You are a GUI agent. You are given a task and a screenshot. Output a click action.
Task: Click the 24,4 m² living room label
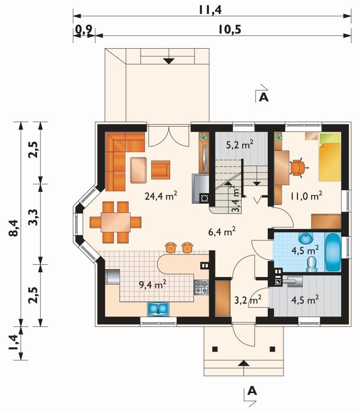click(161, 196)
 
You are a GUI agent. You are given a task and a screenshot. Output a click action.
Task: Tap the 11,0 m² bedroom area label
click(306, 196)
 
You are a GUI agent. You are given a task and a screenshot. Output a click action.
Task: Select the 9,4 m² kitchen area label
click(152, 284)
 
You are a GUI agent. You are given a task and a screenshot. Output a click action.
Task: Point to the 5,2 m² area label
click(240, 145)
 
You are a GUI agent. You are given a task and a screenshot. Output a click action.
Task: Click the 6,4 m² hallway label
click(221, 232)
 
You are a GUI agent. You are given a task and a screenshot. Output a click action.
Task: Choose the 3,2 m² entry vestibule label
click(247, 300)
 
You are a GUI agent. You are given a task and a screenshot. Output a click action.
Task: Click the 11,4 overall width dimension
click(210, 10)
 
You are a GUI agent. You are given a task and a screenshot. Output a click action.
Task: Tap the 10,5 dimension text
click(230, 29)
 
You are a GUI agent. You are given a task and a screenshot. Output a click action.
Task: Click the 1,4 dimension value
click(13, 343)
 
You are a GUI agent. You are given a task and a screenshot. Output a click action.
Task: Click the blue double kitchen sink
click(158, 309)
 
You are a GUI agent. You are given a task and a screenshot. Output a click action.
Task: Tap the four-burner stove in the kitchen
click(202, 287)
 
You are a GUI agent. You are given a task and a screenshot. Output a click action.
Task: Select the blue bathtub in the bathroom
click(333, 252)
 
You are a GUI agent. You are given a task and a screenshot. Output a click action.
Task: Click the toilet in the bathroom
click(312, 264)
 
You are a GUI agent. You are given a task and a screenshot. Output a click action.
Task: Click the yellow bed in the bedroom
click(329, 157)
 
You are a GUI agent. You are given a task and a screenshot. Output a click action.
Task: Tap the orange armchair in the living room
click(161, 170)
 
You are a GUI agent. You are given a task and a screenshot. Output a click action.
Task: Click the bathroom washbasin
click(306, 238)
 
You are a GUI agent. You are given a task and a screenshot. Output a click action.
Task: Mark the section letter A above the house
click(264, 97)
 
